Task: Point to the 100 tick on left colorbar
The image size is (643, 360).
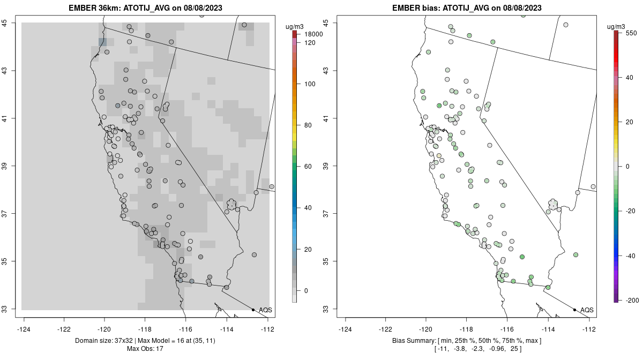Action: (x=309, y=84)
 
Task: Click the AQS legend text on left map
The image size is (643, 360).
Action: (x=265, y=310)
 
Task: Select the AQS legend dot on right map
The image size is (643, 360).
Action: (x=574, y=310)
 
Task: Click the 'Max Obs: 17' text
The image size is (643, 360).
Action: (x=146, y=349)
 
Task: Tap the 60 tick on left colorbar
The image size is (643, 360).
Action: (x=308, y=167)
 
